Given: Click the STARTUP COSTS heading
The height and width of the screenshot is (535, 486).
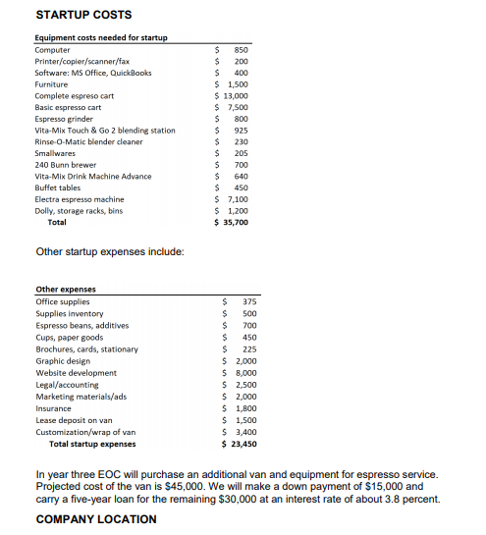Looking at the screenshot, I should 83,15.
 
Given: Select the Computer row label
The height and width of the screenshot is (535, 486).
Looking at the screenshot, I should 52,49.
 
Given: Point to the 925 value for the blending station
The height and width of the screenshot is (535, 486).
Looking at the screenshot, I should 241,130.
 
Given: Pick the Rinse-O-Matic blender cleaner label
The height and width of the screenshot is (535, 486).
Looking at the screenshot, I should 88,141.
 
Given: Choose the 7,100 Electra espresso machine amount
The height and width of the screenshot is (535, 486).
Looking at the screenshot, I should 236,199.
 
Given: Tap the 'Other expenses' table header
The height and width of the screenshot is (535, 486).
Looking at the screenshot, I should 65,290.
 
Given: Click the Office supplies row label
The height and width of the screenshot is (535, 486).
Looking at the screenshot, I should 63,301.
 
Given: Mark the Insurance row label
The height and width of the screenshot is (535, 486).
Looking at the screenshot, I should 53,408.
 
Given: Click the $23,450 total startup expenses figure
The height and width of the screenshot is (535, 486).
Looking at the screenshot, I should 241,443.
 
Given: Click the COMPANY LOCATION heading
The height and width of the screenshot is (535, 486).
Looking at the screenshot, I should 96,518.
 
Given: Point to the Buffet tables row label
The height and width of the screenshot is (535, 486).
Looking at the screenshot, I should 58,187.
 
